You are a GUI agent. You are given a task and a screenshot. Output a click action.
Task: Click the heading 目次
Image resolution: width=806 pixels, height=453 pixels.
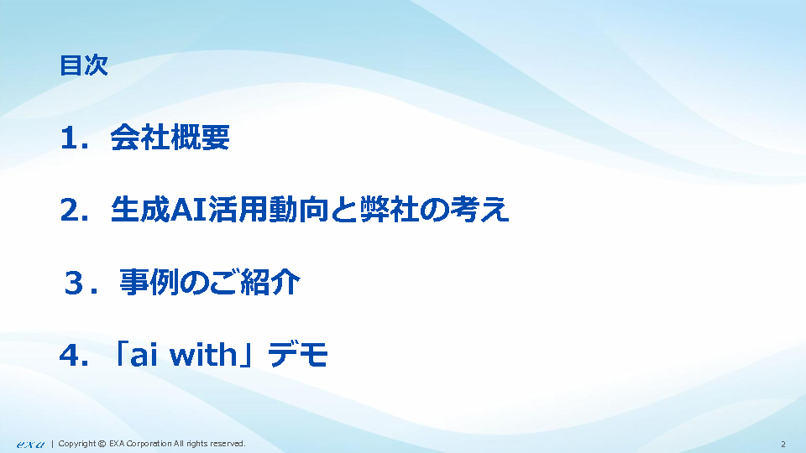tap(84, 65)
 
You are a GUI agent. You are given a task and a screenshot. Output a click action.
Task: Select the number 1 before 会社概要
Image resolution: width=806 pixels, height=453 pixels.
tap(70, 138)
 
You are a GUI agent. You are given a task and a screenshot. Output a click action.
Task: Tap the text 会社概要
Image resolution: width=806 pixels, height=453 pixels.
tap(170, 137)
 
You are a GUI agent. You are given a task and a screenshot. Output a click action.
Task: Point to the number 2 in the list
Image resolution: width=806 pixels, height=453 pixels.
tap(71, 211)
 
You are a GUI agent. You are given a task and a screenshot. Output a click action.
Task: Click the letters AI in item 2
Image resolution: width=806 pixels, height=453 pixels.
tap(188, 210)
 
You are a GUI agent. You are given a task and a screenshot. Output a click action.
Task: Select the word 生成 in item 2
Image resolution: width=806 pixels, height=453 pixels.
tap(140, 210)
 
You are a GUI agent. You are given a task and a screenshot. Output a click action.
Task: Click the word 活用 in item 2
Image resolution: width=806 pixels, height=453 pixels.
tap(238, 210)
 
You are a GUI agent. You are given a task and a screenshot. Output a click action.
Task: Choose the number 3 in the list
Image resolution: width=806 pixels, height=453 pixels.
tap(74, 283)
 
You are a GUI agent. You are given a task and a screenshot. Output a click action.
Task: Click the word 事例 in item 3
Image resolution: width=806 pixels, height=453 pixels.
tap(149, 282)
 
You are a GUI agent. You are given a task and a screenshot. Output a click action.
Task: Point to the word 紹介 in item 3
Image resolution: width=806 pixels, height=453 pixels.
tap(270, 282)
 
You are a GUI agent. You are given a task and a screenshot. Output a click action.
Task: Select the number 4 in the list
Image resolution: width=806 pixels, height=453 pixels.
tap(70, 356)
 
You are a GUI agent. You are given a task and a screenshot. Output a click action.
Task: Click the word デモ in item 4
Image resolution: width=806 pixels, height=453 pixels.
tap(298, 355)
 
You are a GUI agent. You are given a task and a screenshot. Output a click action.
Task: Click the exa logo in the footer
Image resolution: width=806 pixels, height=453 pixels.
tap(30, 445)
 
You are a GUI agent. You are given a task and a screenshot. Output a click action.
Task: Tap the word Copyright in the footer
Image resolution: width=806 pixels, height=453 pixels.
tap(77, 444)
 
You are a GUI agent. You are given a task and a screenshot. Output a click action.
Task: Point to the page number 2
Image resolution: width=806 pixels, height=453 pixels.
tap(782, 445)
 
